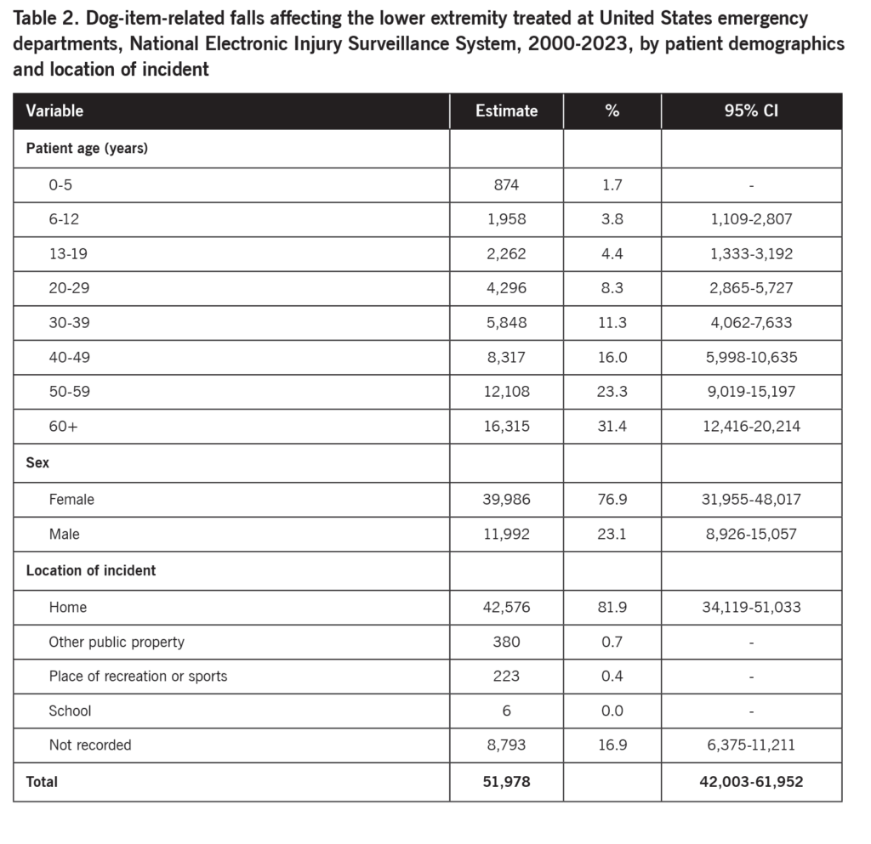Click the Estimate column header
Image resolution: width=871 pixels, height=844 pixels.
tap(506, 110)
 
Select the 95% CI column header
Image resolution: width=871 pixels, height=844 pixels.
tap(751, 110)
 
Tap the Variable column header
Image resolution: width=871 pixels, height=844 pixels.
tap(54, 110)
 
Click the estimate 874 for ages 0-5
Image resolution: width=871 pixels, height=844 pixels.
tap(506, 184)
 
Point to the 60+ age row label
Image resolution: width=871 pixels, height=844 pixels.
tap(63, 426)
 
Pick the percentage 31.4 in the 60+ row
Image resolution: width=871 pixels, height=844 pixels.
tap(612, 426)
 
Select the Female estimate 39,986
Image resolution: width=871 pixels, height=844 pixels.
tap(506, 499)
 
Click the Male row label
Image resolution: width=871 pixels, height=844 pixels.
tap(65, 534)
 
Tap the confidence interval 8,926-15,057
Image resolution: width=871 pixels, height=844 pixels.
tap(751, 534)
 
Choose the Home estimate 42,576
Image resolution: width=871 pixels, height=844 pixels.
tap(506, 607)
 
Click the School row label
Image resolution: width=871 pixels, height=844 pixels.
tap(70, 711)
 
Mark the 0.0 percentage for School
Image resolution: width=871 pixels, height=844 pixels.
tap(612, 711)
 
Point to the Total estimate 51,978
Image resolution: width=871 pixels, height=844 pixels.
tap(506, 781)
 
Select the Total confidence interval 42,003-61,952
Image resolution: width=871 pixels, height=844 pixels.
tap(751, 781)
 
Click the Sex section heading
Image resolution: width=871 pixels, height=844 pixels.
tap(37, 463)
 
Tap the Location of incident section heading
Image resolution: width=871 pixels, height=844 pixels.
tap(91, 570)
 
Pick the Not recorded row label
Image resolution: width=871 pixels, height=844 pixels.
tap(90, 745)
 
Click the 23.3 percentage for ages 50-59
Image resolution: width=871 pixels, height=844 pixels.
tap(612, 392)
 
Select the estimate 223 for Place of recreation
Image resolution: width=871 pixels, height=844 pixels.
tap(506, 676)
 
